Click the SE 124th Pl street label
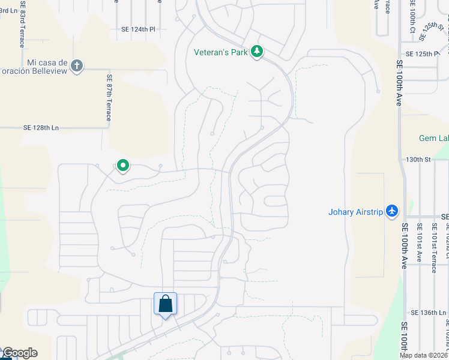(x=138, y=29)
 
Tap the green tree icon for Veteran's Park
(x=257, y=52)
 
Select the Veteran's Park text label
(x=220, y=52)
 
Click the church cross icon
(x=76, y=65)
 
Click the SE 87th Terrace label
(x=109, y=97)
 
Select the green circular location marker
(x=122, y=165)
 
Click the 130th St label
(x=419, y=160)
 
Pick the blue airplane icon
(x=393, y=211)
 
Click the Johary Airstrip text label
(x=355, y=211)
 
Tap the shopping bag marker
(x=166, y=304)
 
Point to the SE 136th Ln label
(x=430, y=313)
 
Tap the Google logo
(x=20, y=353)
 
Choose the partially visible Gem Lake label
(x=433, y=139)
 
